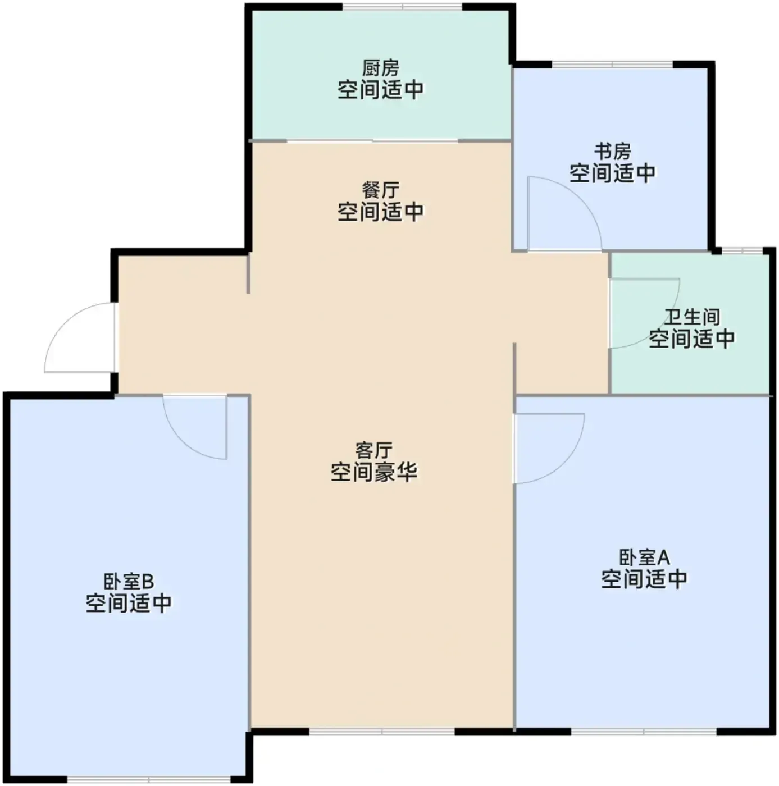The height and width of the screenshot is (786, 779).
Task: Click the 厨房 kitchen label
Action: tap(380, 68)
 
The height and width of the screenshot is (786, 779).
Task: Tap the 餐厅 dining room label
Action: tap(380, 190)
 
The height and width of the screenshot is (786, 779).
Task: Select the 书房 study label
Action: tap(612, 152)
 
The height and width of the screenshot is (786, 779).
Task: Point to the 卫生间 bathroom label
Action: tap(692, 317)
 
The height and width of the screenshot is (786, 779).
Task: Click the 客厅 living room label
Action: tap(374, 450)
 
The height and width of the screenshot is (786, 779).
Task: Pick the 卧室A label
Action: tap(644, 557)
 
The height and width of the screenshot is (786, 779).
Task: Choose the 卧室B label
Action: tap(129, 582)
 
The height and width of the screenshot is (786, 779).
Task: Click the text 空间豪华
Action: tap(374, 472)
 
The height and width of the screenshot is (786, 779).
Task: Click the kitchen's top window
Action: tap(402, 7)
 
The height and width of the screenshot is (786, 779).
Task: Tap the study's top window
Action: tap(612, 65)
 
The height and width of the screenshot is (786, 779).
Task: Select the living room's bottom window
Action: tap(382, 732)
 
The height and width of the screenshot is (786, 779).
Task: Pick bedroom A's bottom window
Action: tap(644, 732)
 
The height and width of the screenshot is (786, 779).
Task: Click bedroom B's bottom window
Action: tap(148, 779)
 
